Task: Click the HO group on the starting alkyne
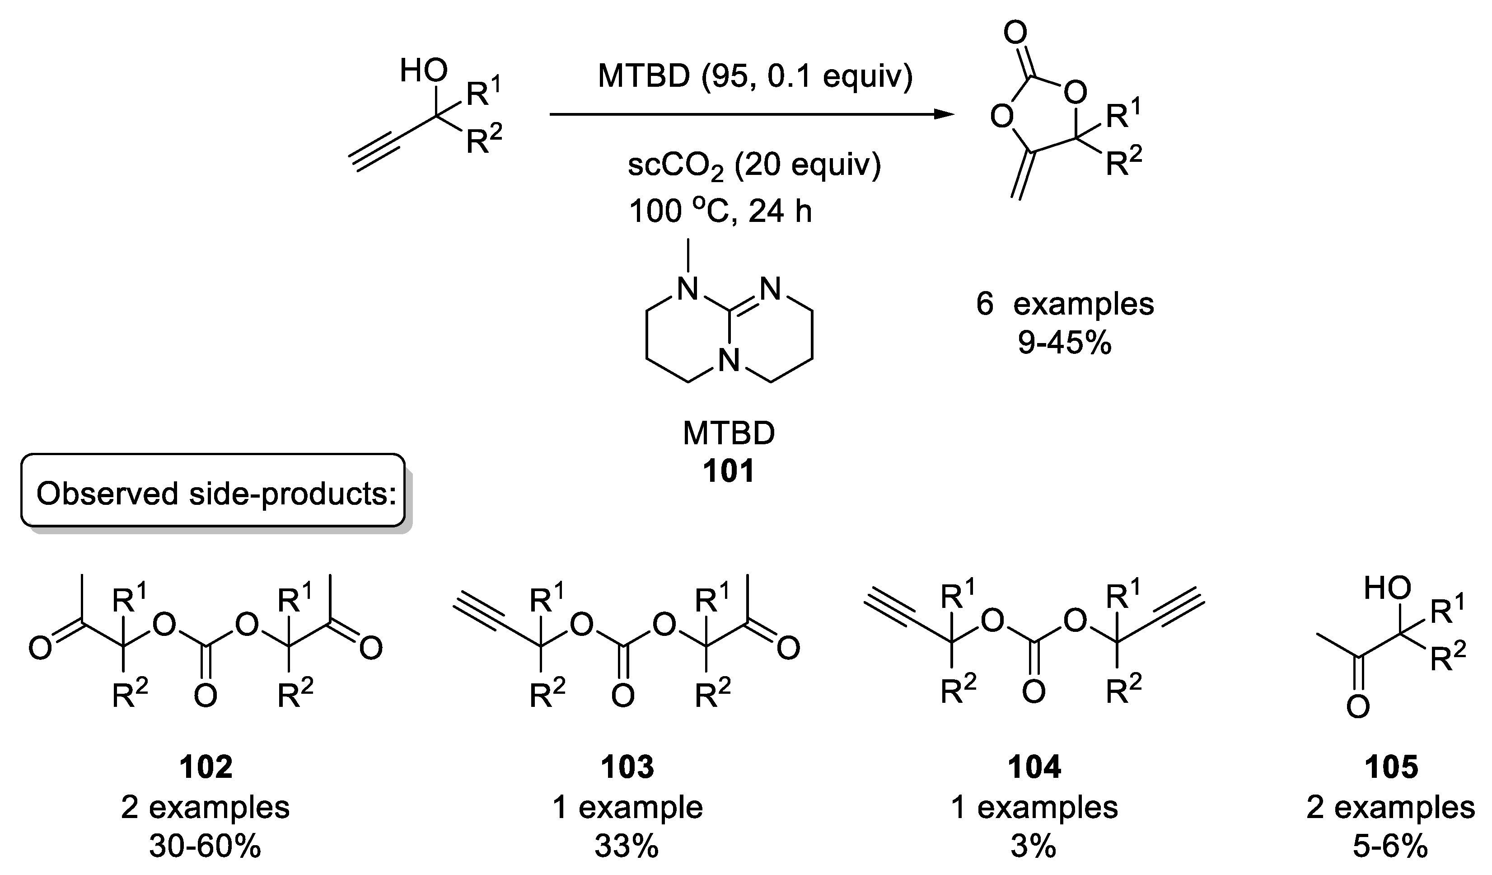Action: [x=423, y=72]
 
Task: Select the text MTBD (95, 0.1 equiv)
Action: [x=755, y=76]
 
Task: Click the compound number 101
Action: [x=729, y=471]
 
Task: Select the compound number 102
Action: [x=206, y=767]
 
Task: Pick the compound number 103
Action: [x=627, y=767]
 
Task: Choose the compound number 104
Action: [x=1034, y=767]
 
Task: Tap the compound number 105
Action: [x=1391, y=767]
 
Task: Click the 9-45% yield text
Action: [x=1065, y=343]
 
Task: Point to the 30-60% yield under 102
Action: [x=205, y=847]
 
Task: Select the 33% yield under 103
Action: [x=627, y=847]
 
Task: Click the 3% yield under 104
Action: [x=1034, y=847]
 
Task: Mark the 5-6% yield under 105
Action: [x=1391, y=847]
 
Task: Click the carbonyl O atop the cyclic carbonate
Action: [x=1015, y=34]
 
